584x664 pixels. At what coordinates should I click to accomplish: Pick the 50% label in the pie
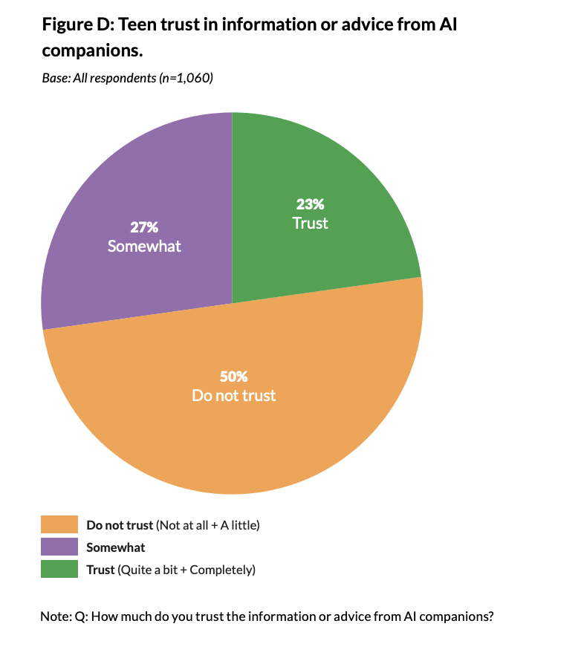pyautogui.click(x=233, y=377)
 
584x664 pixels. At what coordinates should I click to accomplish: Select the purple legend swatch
pyautogui.click(x=59, y=547)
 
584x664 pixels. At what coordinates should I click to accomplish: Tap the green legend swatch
pyautogui.click(x=59, y=570)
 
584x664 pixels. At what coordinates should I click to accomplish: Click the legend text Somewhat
pyautogui.click(x=116, y=547)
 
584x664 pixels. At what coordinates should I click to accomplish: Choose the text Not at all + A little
pyautogui.click(x=208, y=525)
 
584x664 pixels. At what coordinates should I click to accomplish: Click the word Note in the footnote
pyautogui.click(x=53, y=616)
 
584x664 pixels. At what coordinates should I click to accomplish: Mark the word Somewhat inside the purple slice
pyautogui.click(x=144, y=246)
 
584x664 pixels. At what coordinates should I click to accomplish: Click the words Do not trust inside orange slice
pyautogui.click(x=233, y=395)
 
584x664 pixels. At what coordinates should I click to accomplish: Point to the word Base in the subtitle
pyautogui.click(x=54, y=78)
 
